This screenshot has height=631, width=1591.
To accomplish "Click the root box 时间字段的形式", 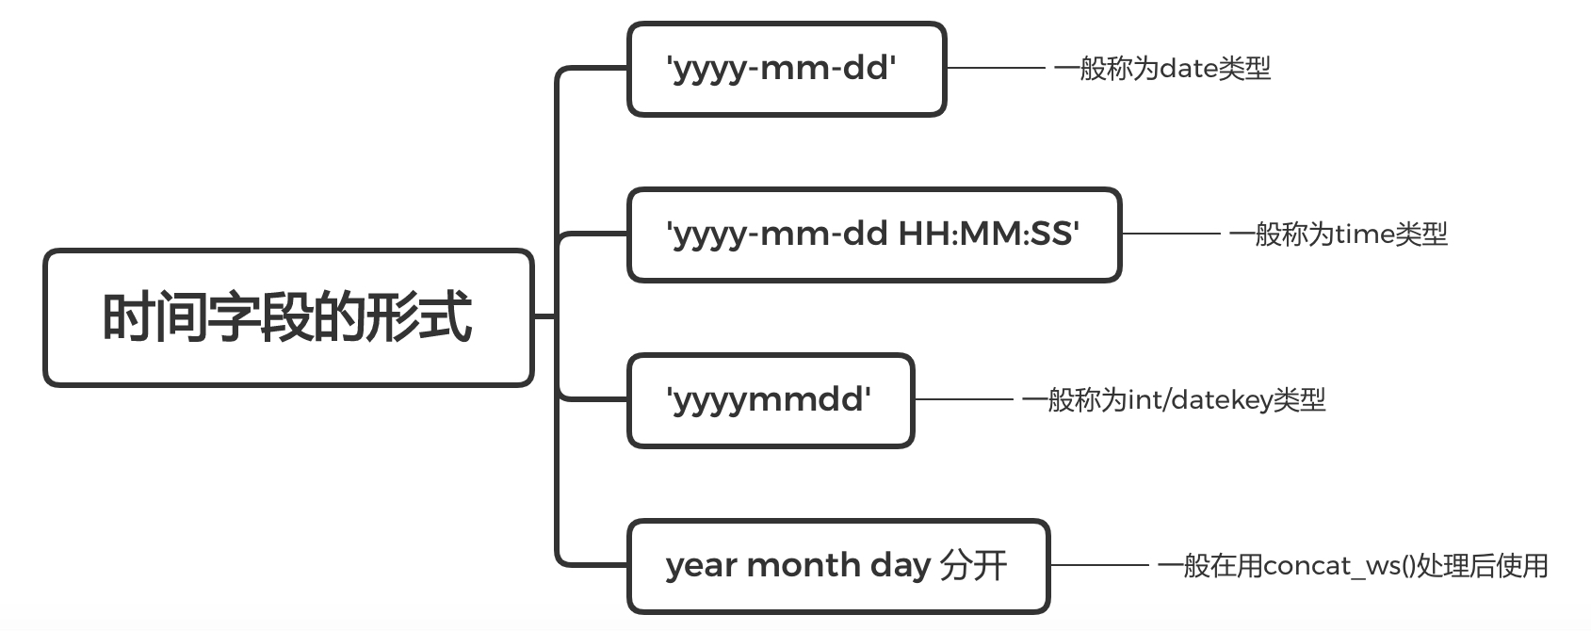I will (288, 317).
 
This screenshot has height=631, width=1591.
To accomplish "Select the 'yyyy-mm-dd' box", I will (786, 69).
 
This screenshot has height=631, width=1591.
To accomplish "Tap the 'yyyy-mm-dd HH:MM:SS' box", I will (873, 235).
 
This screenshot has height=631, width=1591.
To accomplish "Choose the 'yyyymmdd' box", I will (770, 400).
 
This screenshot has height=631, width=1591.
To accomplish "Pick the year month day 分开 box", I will (837, 566).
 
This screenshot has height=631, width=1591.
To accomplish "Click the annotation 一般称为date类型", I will (1161, 69).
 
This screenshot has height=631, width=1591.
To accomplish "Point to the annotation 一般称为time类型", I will (1338, 235).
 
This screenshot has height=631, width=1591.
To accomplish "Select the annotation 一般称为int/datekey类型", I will (1174, 400).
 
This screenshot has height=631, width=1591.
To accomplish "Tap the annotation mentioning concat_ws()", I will (1353, 566).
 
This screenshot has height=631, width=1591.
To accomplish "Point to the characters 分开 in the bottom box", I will (974, 566).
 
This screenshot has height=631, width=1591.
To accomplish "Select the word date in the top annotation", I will (1189, 69).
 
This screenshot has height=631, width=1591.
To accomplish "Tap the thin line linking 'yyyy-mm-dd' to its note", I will (996, 68).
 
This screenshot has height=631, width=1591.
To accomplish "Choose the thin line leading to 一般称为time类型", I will (1171, 234).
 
